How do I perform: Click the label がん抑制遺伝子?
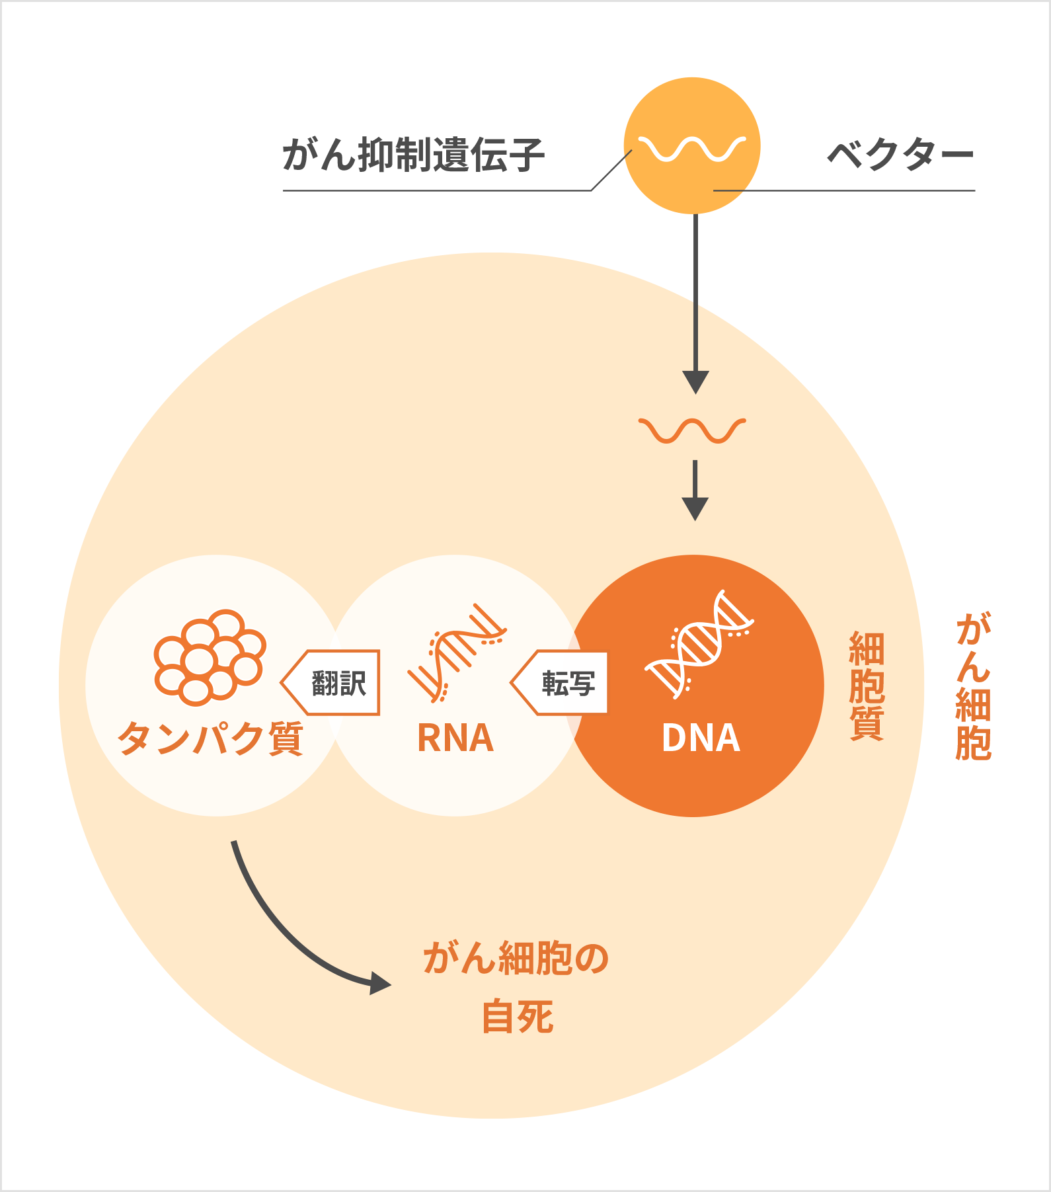413,156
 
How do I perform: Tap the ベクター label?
900,156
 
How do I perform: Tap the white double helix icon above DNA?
699,644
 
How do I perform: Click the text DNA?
701,738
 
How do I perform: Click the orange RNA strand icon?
457,653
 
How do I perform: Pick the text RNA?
455,738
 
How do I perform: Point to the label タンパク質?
210,738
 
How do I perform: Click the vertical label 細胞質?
866,686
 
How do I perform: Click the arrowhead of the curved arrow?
380,983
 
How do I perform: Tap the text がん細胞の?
516,958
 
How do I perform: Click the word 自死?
517,1017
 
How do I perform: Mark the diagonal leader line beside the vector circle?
611,171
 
